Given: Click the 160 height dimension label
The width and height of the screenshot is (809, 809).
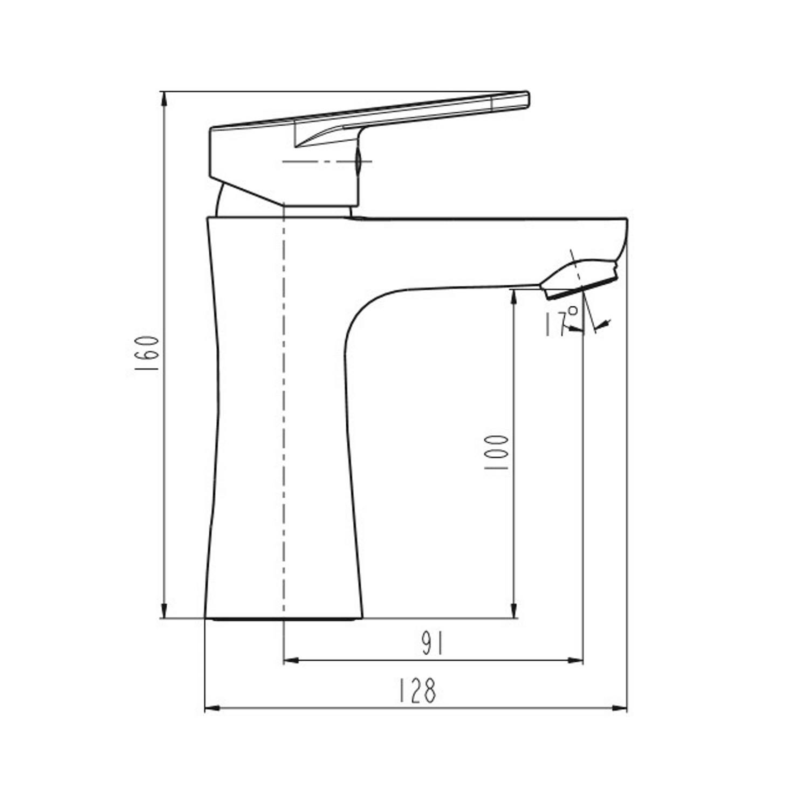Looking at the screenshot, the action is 146,353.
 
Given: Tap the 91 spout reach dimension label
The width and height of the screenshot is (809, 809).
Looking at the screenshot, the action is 432,644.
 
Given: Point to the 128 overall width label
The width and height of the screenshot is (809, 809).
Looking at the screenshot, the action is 417,691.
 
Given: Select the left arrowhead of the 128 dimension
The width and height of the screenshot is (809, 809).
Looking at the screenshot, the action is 213,707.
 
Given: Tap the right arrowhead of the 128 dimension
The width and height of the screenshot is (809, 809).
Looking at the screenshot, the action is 619,707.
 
